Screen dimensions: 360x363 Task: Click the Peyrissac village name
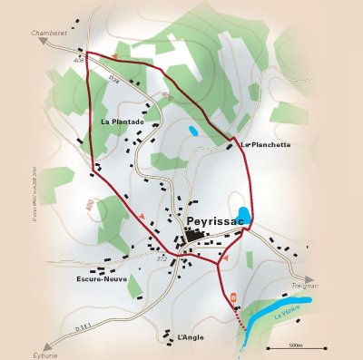(x=214, y=220)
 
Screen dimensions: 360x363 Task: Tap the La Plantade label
(x=123, y=121)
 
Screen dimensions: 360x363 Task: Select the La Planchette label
(x=266, y=144)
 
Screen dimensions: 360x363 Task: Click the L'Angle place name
(x=191, y=336)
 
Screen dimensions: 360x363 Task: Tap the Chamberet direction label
(x=50, y=32)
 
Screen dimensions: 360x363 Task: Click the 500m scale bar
(x=296, y=347)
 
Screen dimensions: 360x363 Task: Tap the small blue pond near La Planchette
(x=192, y=131)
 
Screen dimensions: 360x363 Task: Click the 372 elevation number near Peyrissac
(x=162, y=259)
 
